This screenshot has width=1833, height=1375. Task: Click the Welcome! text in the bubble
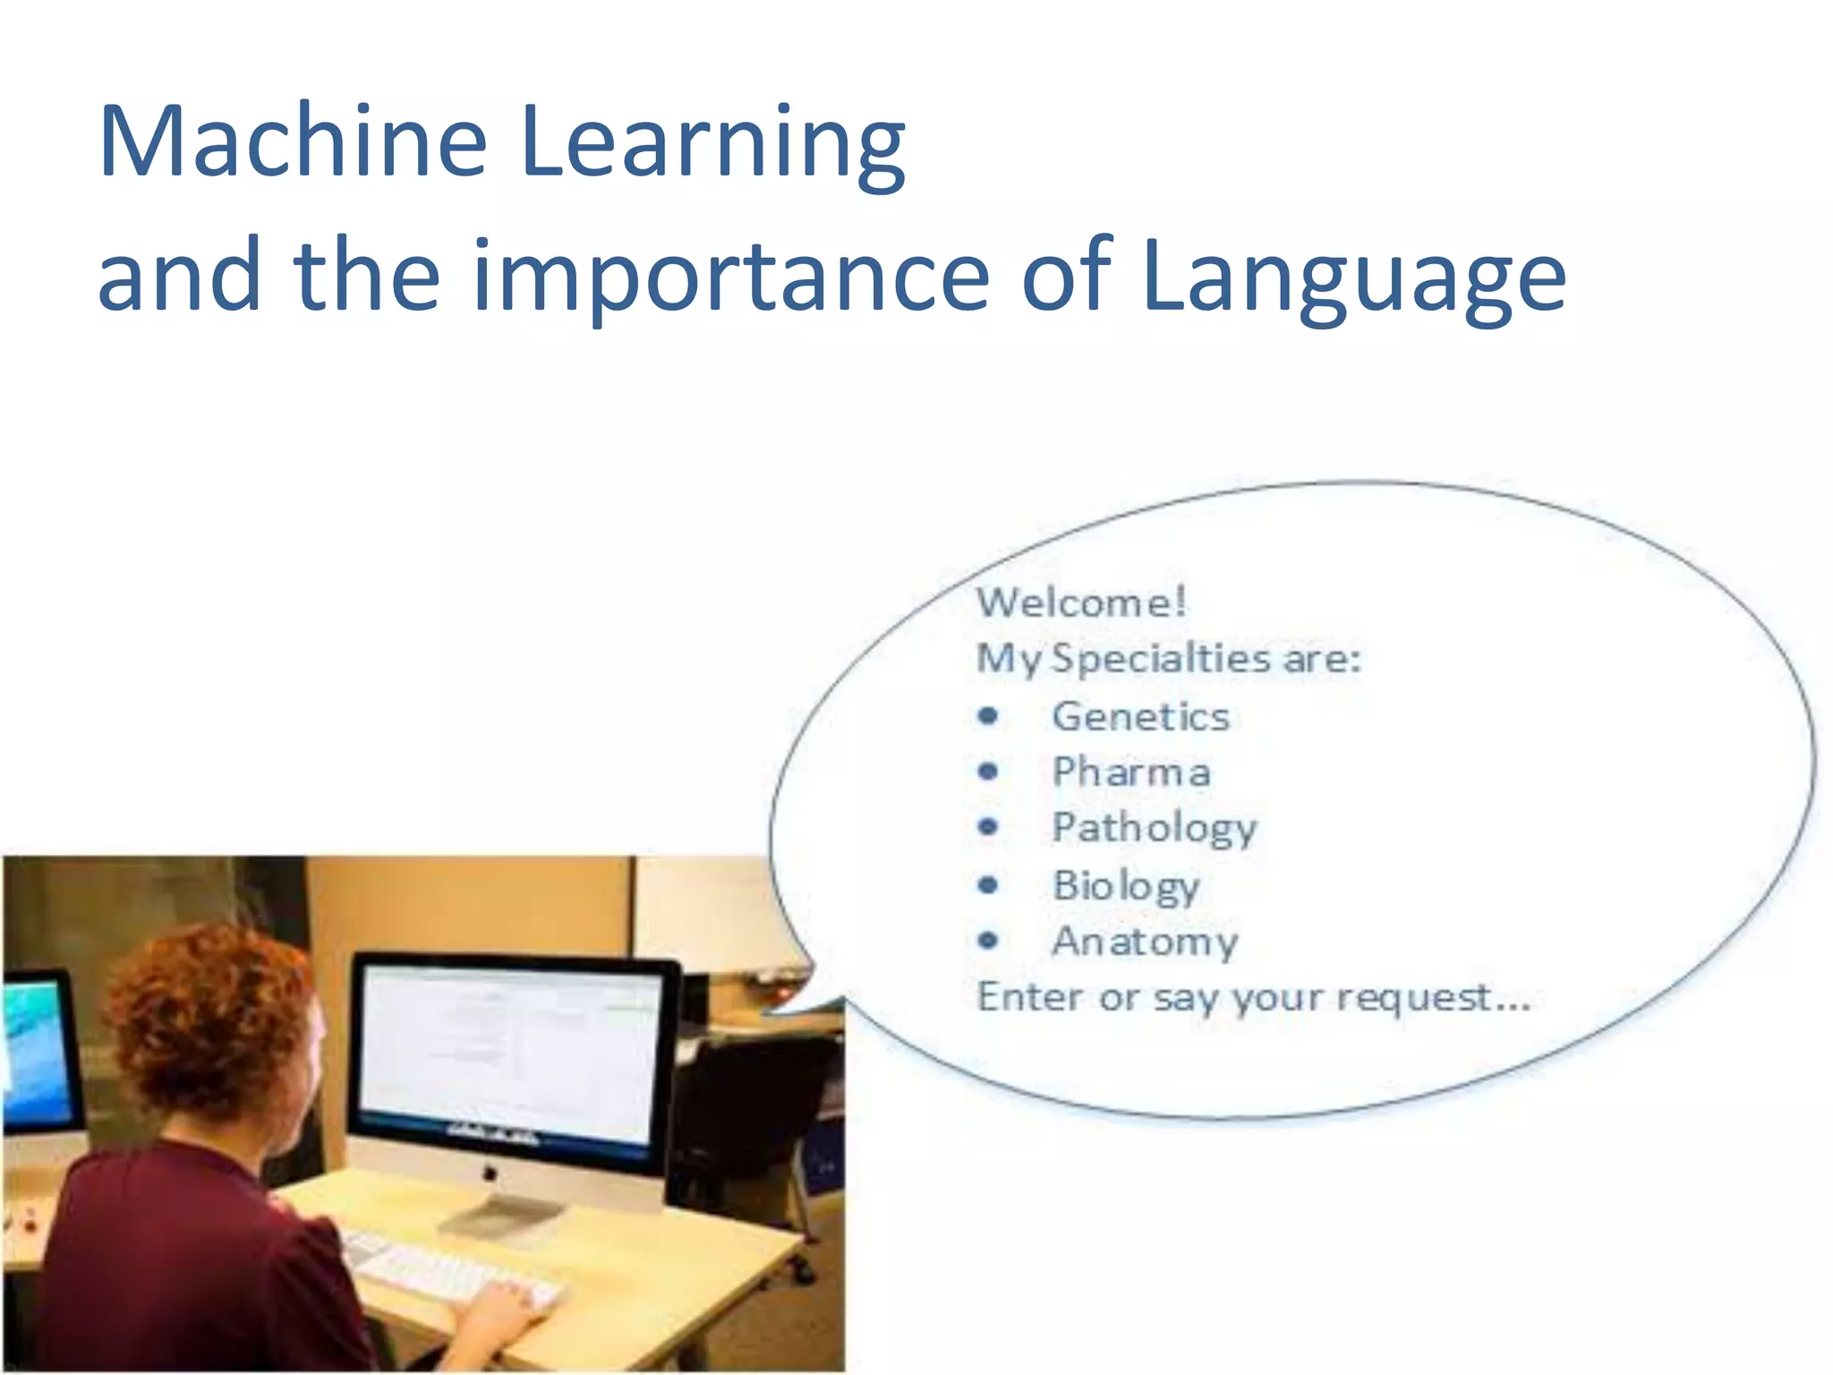click(1081, 602)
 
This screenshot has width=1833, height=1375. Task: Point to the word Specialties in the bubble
click(1160, 660)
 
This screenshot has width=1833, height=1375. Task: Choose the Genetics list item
click(1140, 717)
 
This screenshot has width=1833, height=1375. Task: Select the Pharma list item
click(1131, 773)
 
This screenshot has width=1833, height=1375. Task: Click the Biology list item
click(1126, 886)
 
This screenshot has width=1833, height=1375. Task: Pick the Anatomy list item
click(1145, 942)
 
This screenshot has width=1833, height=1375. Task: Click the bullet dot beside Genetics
click(988, 715)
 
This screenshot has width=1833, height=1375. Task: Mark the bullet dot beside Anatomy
click(988, 940)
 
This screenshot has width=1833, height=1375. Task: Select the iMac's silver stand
click(501, 1213)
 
